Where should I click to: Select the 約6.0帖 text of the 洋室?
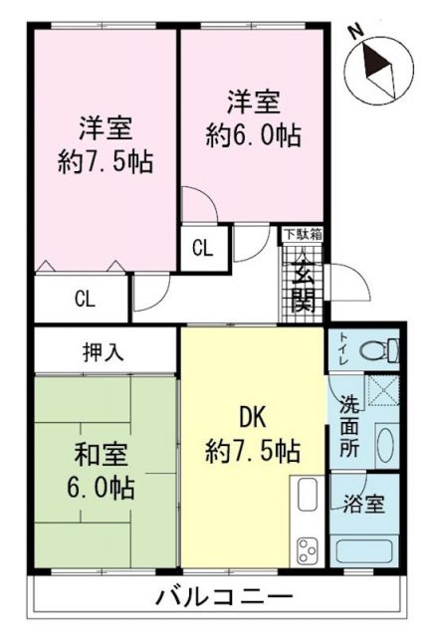[253, 131]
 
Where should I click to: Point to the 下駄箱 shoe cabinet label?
[302, 235]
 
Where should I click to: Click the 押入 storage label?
[105, 350]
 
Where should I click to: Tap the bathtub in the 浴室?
[364, 549]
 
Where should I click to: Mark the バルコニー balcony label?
[212, 597]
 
